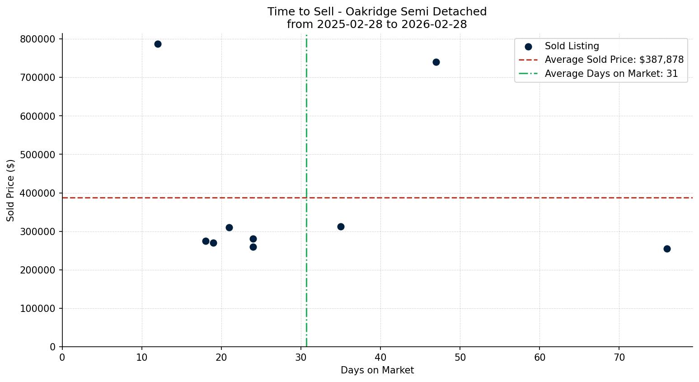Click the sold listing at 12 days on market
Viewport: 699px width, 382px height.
[158, 44]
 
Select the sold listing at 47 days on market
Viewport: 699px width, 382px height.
[436, 62]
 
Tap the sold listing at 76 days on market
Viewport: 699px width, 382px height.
[667, 249]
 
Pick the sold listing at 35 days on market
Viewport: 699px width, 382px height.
[341, 226]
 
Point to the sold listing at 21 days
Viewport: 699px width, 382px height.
[229, 227]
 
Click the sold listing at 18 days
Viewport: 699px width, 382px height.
[206, 241]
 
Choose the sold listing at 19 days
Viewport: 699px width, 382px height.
[213, 243]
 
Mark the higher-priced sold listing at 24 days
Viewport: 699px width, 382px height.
[253, 239]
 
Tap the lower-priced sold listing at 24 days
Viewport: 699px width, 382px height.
[253, 247]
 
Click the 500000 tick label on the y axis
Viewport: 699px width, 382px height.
[38, 155]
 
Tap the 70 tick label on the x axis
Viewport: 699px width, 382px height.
[619, 358]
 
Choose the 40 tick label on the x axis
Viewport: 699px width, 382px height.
[380, 358]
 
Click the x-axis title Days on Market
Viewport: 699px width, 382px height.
[377, 370]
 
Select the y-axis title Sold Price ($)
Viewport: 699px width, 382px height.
[11, 190]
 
